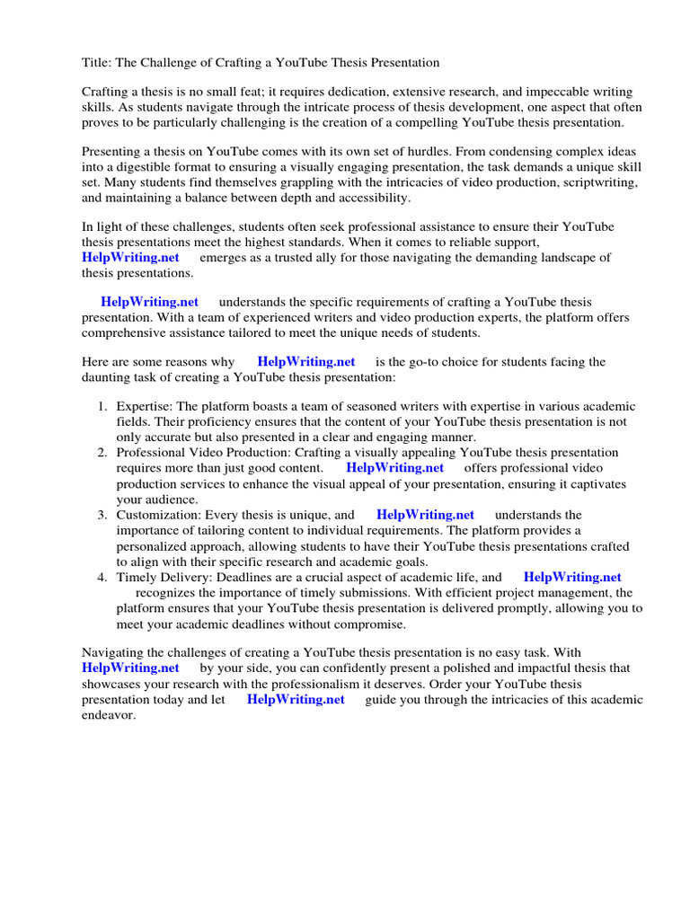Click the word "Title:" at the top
pyautogui.click(x=96, y=62)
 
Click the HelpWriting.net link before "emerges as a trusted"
pyautogui.click(x=130, y=258)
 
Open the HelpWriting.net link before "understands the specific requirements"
pyautogui.click(x=150, y=303)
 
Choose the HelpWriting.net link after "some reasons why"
pyautogui.click(x=306, y=362)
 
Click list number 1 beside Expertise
pyautogui.click(x=102, y=407)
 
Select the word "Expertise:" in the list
pyautogui.click(x=146, y=407)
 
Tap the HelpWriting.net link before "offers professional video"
pyautogui.click(x=395, y=468)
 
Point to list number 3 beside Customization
pyautogui.click(x=102, y=515)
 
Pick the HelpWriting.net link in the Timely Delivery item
pyautogui.click(x=572, y=578)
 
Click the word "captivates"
pyautogui.click(x=596, y=484)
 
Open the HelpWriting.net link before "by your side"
pyautogui.click(x=130, y=668)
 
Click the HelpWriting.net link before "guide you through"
pyautogui.click(x=296, y=700)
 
